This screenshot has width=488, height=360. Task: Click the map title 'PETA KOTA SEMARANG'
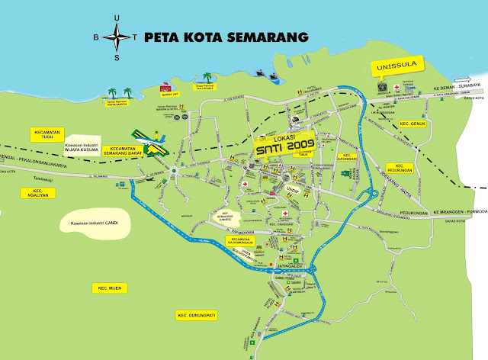[x=226, y=37]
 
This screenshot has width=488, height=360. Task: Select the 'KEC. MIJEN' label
[x=107, y=288]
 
